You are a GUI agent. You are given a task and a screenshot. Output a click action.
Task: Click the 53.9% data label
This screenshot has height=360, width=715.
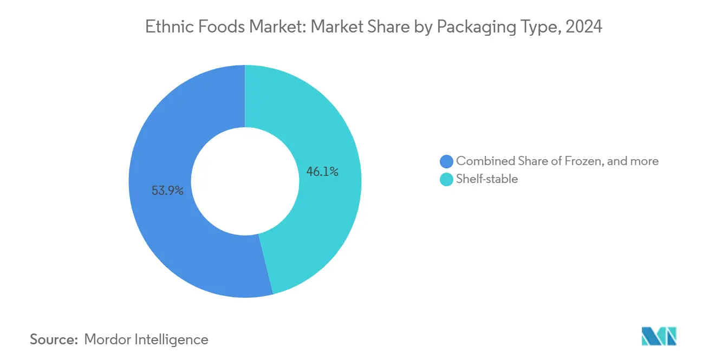click(167, 191)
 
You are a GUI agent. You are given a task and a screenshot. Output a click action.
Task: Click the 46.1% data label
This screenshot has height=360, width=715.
click(322, 172)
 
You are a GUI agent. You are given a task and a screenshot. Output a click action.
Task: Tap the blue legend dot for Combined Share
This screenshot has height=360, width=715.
click(446, 161)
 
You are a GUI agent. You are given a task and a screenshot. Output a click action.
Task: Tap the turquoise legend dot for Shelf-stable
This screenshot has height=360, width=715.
click(446, 179)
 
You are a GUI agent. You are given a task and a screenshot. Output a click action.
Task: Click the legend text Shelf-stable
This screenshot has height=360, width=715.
click(487, 179)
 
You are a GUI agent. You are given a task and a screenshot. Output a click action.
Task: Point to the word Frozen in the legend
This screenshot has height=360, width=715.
click(577, 161)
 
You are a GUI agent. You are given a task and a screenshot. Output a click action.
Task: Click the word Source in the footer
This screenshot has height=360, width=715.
click(54, 339)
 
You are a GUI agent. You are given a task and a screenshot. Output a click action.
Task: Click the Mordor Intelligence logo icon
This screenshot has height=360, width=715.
click(659, 336)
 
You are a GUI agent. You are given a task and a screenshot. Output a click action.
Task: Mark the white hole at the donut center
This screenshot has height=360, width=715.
click(245, 181)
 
